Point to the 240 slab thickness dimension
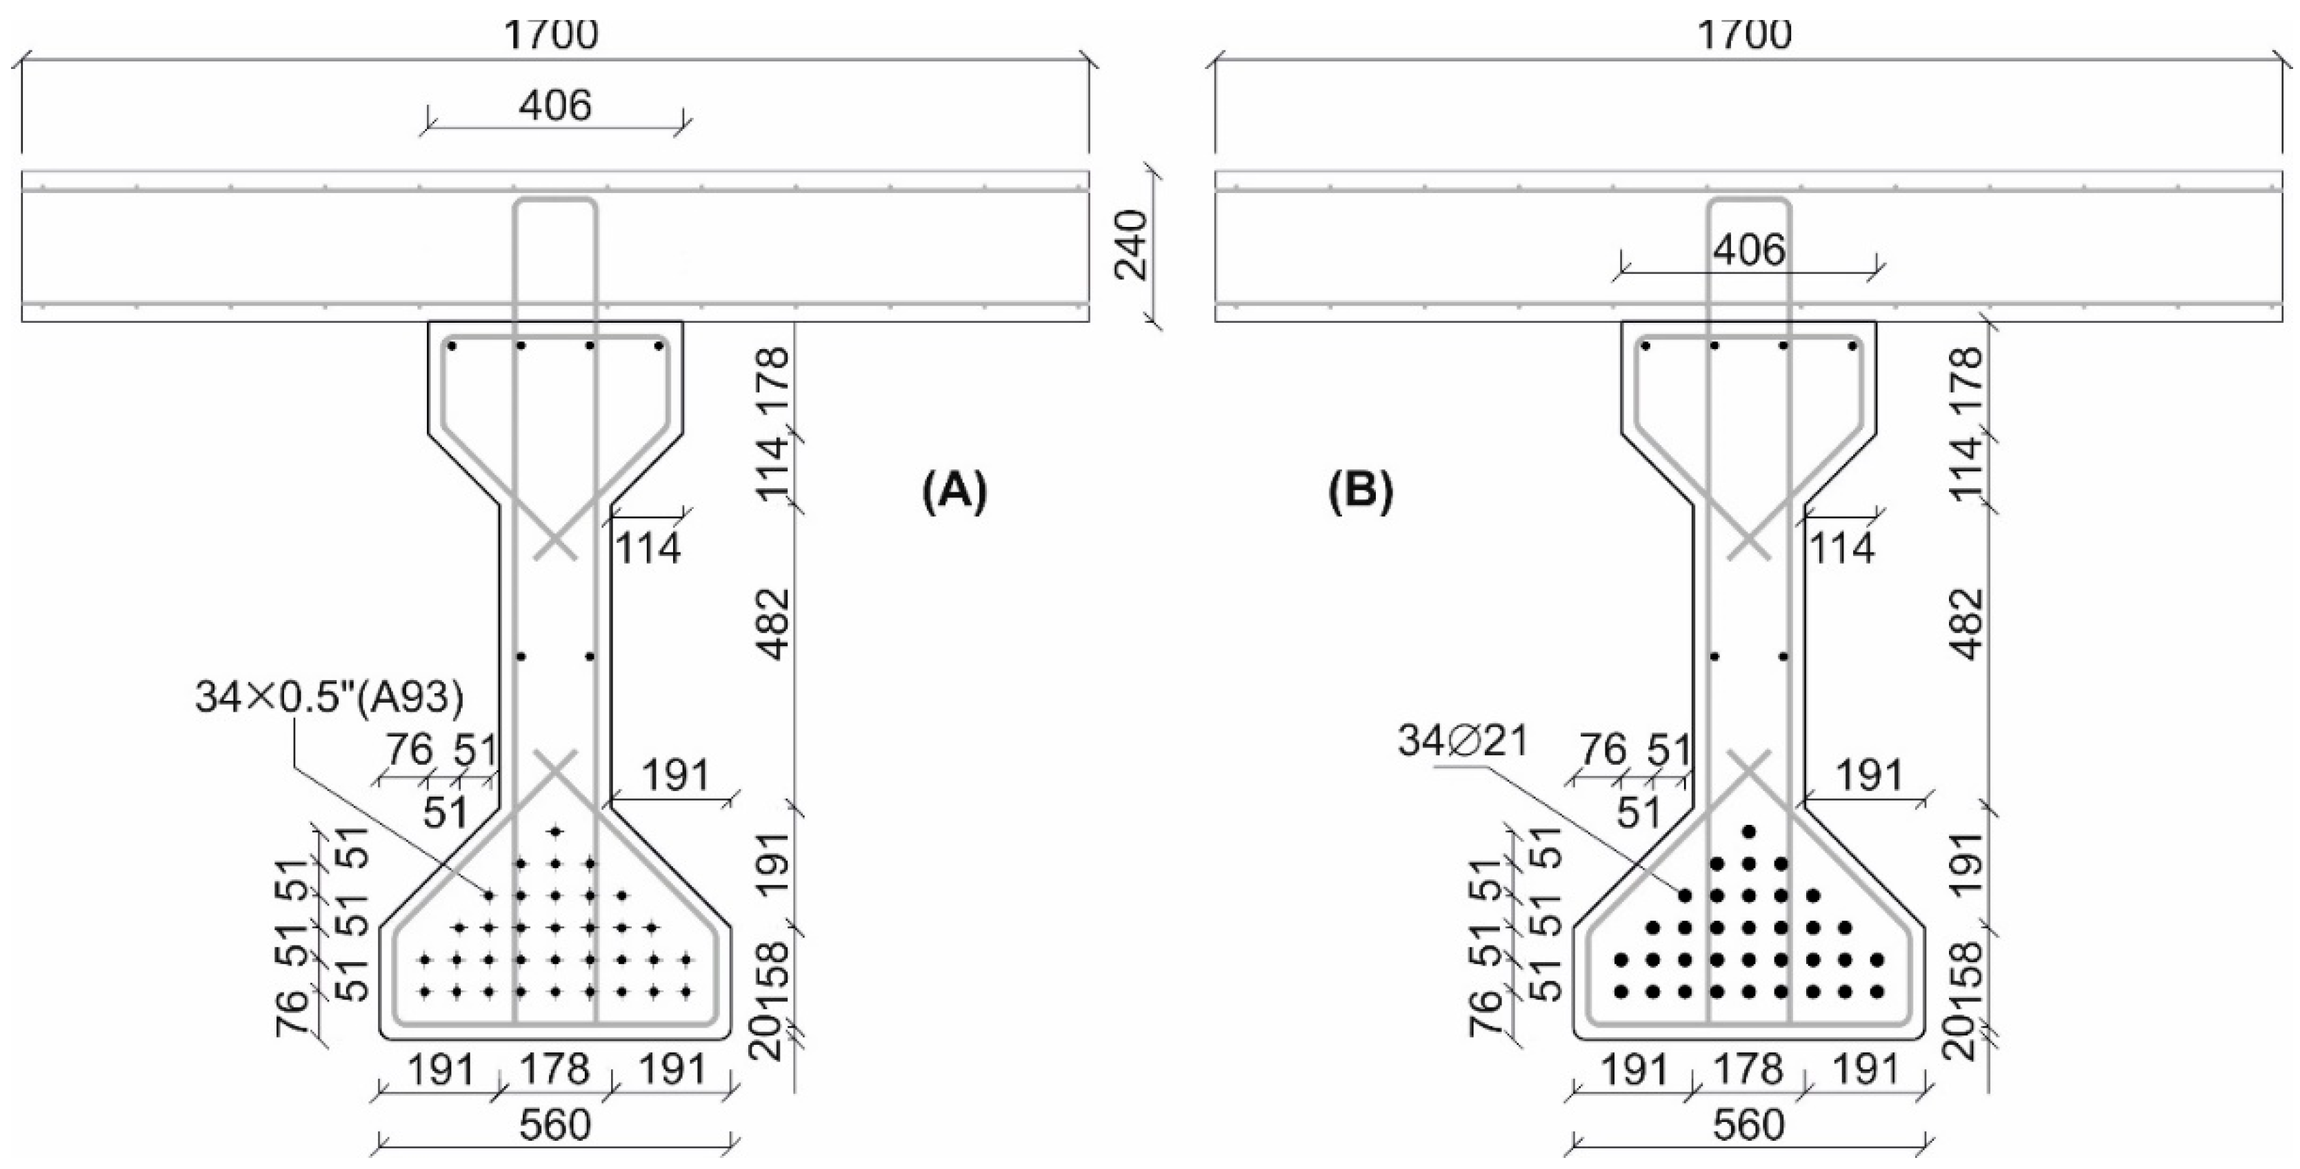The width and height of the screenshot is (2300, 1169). (x=1133, y=245)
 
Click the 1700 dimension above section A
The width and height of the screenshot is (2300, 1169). (x=551, y=36)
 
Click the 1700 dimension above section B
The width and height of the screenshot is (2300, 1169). (x=1743, y=36)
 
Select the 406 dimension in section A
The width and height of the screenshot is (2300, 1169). (x=554, y=106)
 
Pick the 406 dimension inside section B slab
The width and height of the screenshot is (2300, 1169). (x=1748, y=250)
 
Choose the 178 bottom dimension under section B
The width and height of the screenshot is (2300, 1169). (x=1748, y=1068)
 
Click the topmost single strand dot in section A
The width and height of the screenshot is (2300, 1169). (x=555, y=832)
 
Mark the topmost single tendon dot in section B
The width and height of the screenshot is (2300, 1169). (x=1748, y=832)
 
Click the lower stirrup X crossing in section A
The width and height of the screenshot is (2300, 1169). (x=555, y=768)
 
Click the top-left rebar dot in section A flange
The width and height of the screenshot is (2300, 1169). (x=452, y=346)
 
